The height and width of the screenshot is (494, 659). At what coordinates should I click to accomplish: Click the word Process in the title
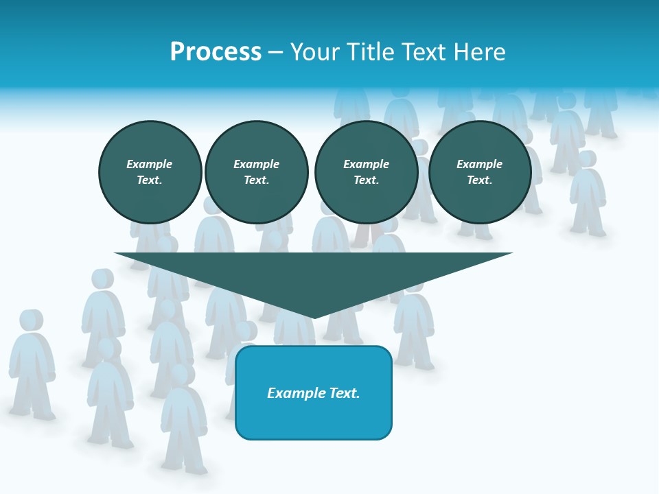point(216,52)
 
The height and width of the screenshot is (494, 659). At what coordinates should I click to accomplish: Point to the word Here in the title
point(478,52)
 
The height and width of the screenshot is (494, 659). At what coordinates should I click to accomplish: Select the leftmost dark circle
point(150,172)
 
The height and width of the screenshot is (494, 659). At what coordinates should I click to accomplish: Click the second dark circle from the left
point(257,172)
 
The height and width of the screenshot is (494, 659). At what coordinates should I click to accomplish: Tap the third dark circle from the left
point(367,172)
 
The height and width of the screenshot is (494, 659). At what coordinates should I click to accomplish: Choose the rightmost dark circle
point(480,172)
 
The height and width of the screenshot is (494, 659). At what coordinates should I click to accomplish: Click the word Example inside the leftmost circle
point(150,164)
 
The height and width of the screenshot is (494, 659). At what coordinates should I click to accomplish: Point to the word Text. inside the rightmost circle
point(480,180)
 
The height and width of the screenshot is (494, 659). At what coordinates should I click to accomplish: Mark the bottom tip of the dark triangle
point(314,318)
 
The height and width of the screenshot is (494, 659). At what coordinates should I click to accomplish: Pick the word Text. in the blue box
point(344,393)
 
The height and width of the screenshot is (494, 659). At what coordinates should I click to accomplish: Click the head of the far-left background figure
point(31,320)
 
